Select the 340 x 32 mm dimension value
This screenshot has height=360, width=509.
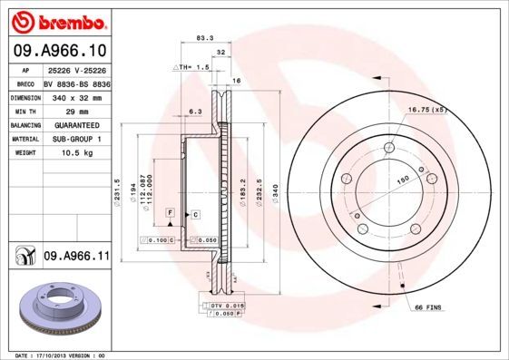coord(76,96)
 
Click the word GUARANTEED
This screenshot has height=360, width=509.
coord(76,125)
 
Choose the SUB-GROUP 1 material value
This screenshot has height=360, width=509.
coord(76,140)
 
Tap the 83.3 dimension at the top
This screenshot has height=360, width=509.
coord(204,38)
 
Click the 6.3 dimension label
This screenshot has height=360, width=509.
coord(194,112)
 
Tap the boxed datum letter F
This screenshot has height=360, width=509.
coord(170,211)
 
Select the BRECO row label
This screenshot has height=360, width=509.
coord(26,82)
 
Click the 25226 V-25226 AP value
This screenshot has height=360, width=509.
coord(76,68)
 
